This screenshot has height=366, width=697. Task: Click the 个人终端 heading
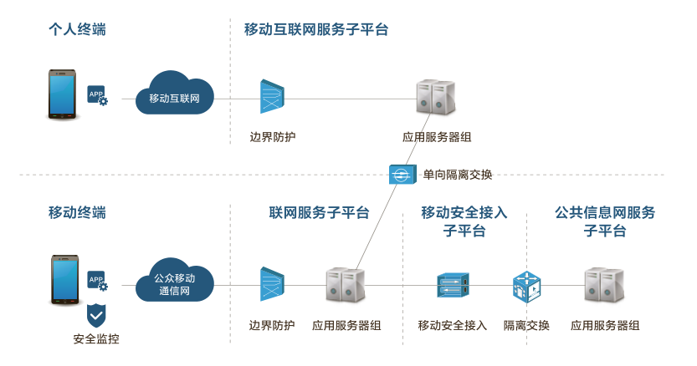[x=77, y=30]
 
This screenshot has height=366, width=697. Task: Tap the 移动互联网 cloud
[x=175, y=97]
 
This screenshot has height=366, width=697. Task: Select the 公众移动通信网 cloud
[x=175, y=284]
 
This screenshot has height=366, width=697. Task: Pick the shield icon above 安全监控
[x=97, y=315]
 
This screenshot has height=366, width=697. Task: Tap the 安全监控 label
[x=96, y=339]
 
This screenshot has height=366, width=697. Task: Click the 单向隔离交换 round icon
[x=400, y=175]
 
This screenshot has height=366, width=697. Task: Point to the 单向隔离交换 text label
[x=457, y=175]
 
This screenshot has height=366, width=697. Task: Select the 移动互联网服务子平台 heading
[x=316, y=30]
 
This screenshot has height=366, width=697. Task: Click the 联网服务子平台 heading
[x=319, y=212]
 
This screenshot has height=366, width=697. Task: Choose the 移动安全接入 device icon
[x=453, y=286]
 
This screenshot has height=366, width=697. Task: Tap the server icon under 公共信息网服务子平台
[x=605, y=286]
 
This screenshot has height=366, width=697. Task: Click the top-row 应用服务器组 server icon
[x=436, y=98]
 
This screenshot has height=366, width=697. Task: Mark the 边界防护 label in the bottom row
[x=272, y=325]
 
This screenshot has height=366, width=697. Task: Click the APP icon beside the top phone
[x=98, y=95]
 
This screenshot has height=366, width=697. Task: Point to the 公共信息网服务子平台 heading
[x=605, y=221]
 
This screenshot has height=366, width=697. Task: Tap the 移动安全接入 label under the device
[x=453, y=325]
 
